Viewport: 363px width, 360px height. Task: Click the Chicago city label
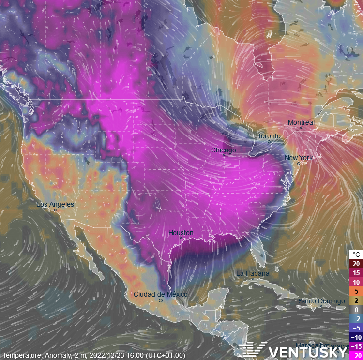click(x=223, y=150)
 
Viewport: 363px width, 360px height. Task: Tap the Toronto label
click(x=269, y=136)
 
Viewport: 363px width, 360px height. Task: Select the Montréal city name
click(x=301, y=122)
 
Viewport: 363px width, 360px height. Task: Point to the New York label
click(x=298, y=158)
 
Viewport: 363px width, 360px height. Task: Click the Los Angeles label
click(x=55, y=204)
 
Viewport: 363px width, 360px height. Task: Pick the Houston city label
click(x=181, y=233)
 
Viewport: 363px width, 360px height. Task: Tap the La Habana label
click(x=253, y=274)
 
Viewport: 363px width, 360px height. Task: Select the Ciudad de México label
click(x=160, y=294)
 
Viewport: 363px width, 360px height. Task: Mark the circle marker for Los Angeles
click(x=55, y=210)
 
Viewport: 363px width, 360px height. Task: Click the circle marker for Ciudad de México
click(x=161, y=300)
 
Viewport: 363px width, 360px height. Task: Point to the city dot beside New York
click(x=299, y=164)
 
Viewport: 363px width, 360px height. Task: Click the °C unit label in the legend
click(x=356, y=255)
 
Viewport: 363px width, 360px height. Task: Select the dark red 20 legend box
click(x=356, y=264)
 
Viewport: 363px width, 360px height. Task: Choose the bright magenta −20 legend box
click(x=356, y=355)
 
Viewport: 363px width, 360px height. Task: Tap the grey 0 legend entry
click(x=356, y=310)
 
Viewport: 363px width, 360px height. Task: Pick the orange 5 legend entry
click(x=356, y=291)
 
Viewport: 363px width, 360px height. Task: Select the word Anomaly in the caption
click(x=55, y=355)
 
